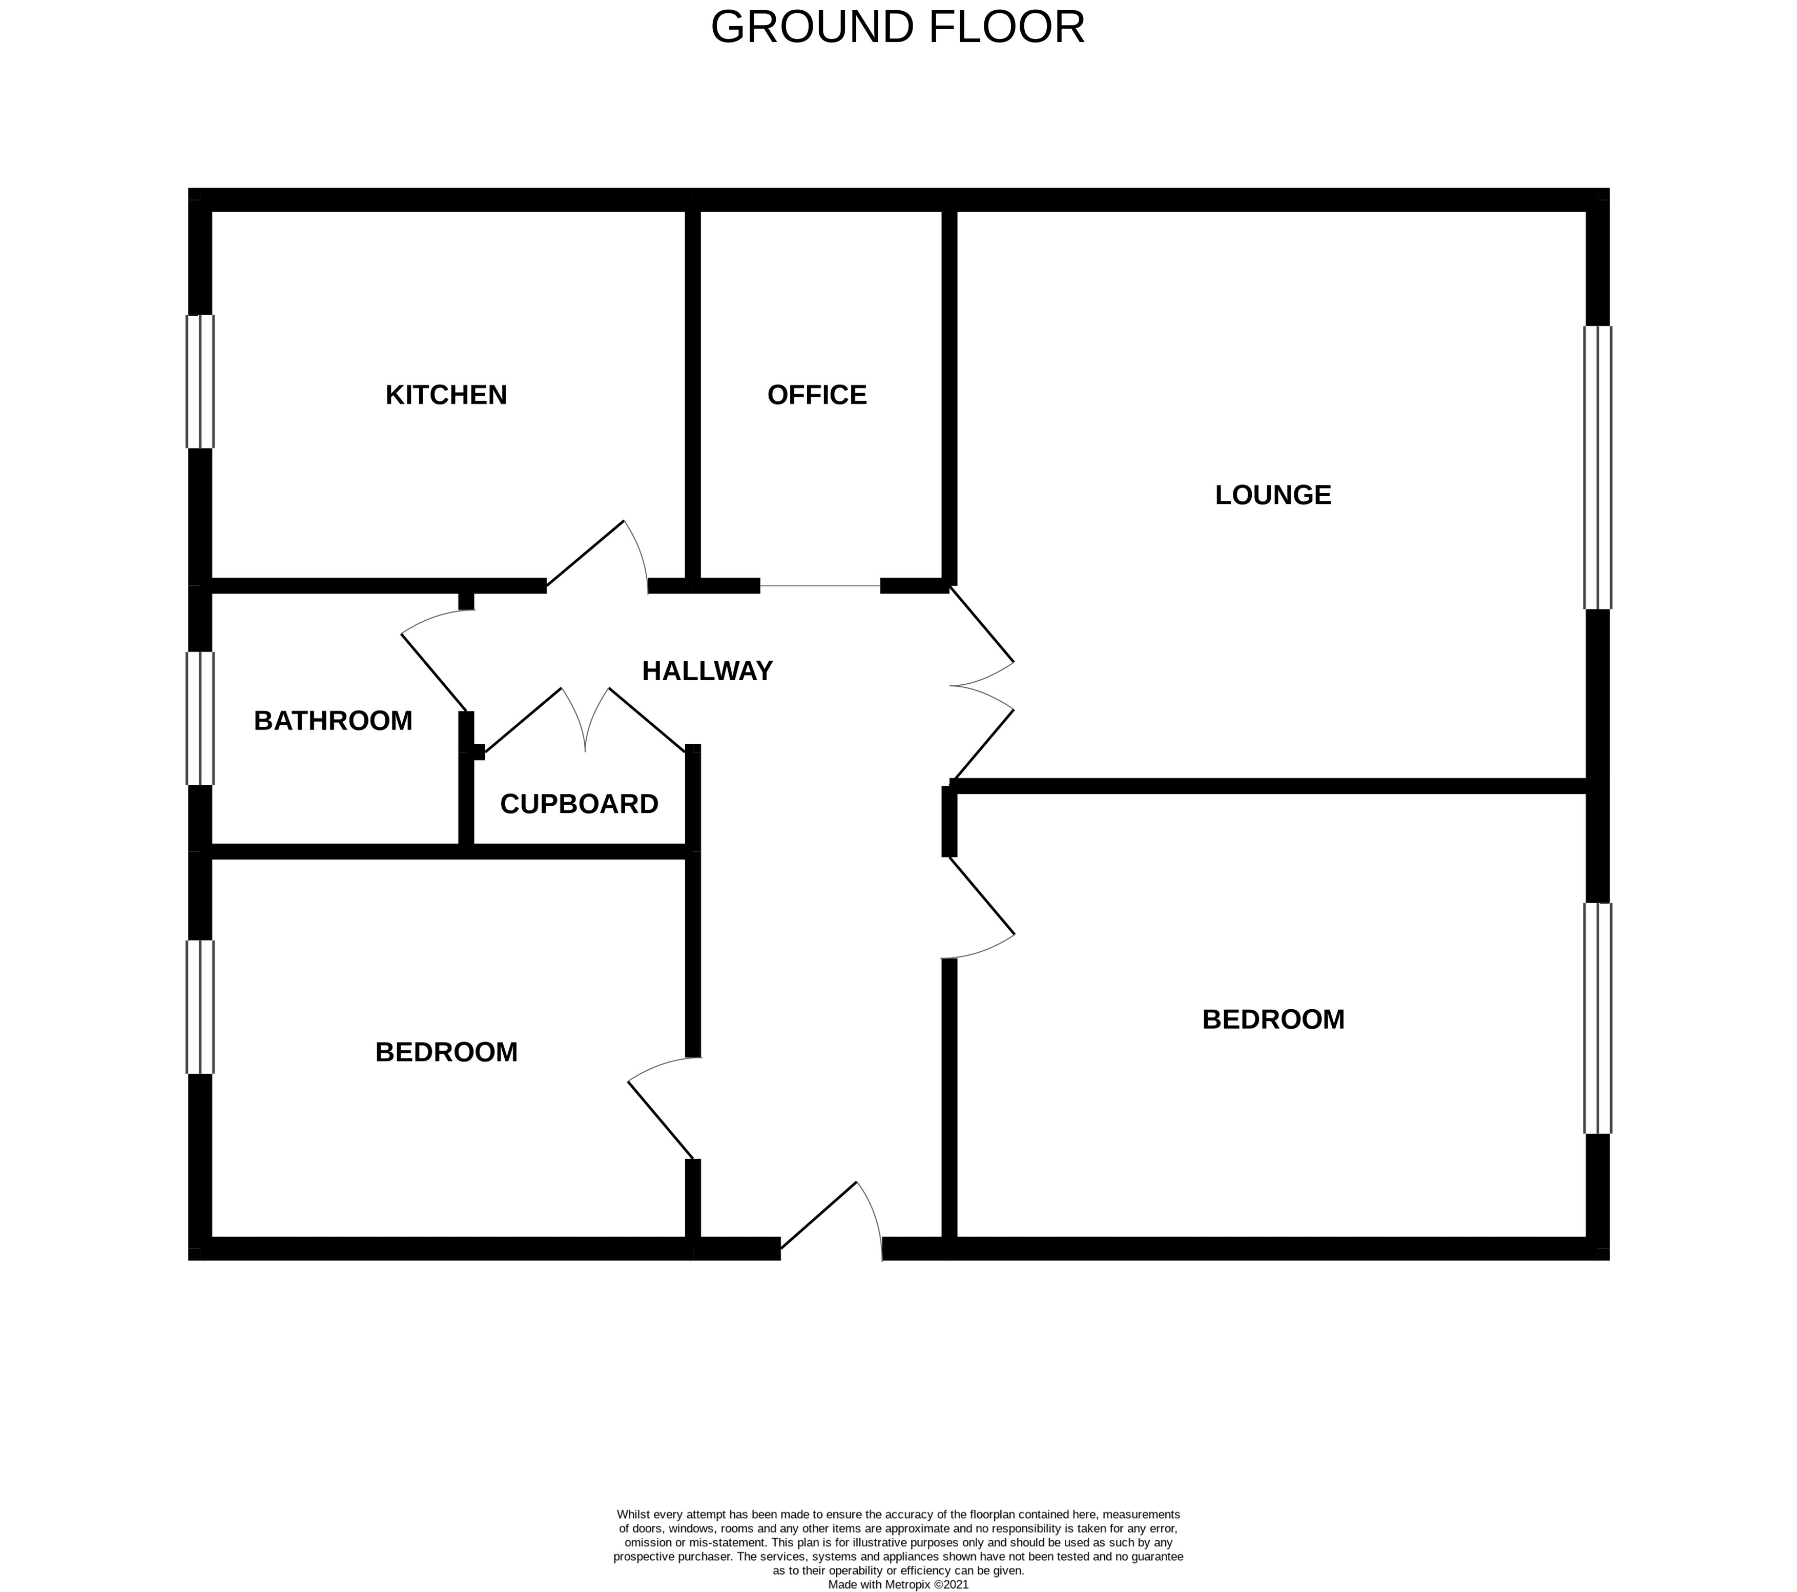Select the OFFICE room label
[817, 395]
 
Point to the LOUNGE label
[1272, 495]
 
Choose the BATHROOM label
[333, 720]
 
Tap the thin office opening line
[819, 586]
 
